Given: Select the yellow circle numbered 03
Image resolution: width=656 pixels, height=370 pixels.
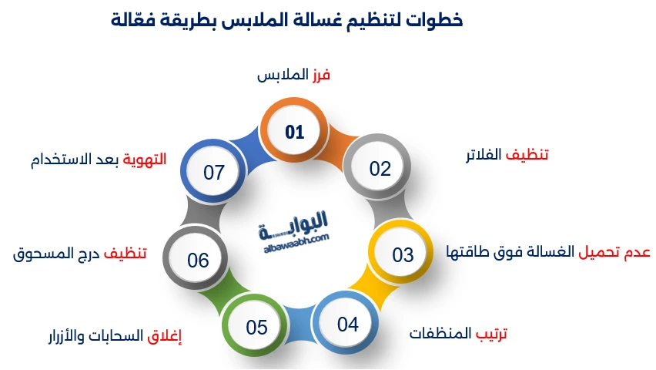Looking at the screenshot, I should [x=402, y=255].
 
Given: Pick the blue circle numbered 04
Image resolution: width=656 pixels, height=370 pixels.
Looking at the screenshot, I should [x=348, y=324].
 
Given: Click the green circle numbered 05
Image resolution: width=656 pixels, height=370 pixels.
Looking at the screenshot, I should [x=256, y=327].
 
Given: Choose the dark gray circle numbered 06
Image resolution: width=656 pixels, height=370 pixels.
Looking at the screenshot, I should [x=198, y=261].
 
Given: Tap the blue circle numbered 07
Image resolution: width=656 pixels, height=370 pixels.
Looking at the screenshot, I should [x=214, y=172].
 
